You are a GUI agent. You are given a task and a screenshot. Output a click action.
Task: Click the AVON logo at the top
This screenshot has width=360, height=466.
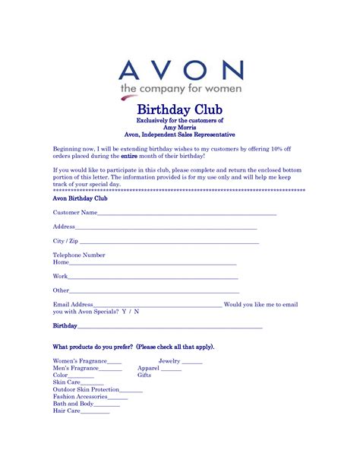181,71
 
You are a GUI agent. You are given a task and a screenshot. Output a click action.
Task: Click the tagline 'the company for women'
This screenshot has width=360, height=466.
180,90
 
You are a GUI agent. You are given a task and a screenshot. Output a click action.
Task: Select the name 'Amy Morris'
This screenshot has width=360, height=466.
179,128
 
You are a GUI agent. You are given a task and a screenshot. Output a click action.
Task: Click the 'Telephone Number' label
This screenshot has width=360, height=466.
79,255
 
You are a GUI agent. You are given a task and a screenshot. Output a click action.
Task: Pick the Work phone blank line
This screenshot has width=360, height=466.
153,277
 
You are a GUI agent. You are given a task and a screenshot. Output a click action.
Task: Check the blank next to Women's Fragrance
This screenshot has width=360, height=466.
115,363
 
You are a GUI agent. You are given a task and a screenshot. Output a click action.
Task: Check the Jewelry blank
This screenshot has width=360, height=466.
192,363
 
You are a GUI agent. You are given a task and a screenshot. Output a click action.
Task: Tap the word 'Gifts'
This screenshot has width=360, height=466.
144,376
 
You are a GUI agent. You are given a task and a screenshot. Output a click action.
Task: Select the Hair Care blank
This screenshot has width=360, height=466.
95,413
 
